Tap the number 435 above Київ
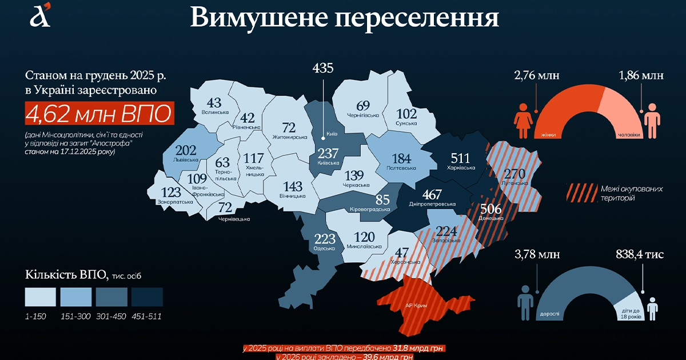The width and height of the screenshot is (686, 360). (323, 69)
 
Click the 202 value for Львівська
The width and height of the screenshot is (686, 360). (185, 151)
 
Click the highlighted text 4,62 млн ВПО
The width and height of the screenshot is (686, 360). (98, 114)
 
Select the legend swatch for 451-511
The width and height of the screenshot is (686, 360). (147, 297)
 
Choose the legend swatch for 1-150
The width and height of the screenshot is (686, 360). (41, 297)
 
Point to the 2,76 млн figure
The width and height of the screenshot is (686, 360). (536, 75)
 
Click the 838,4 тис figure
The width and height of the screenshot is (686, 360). (640, 254)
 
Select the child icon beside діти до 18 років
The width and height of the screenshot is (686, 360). (653, 308)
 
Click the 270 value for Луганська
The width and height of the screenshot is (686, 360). (514, 173)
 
